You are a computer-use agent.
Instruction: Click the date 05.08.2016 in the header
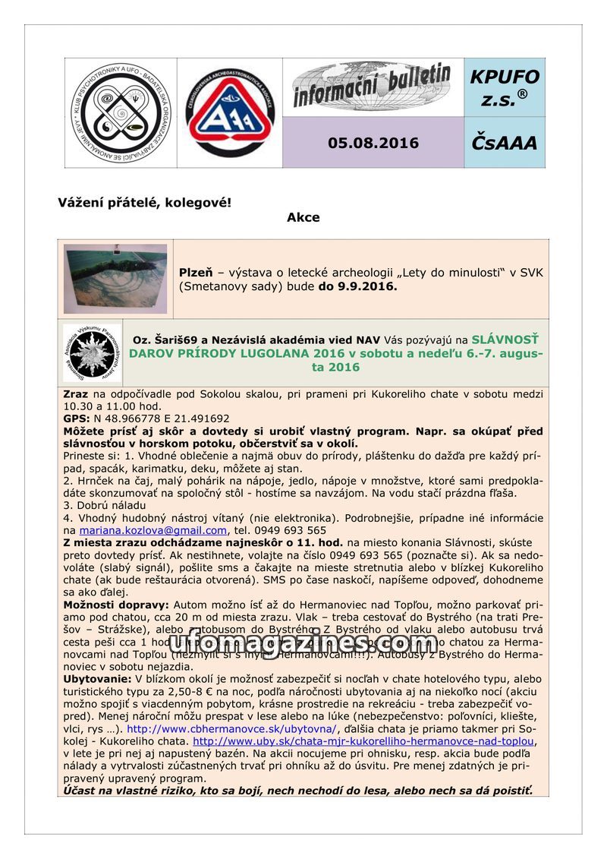(373, 143)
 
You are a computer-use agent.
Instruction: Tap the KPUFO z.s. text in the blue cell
(505, 88)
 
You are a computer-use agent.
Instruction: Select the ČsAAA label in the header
(505, 143)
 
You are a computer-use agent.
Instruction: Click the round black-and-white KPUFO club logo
(121, 112)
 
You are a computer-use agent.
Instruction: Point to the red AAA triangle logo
(230, 112)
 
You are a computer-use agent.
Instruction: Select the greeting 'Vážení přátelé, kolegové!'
(144, 203)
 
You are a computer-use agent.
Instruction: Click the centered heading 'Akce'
(303, 218)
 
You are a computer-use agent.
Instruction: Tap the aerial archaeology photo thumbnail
(115, 279)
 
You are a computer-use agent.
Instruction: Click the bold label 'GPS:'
(77, 418)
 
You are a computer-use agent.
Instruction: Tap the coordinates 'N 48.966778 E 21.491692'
(162, 418)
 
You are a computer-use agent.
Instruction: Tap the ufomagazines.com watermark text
(303, 644)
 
